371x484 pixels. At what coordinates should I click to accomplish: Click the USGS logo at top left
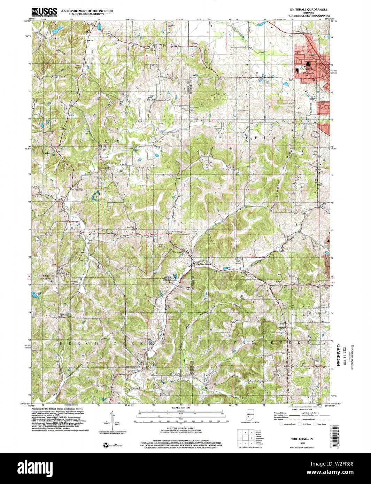(x=44, y=13)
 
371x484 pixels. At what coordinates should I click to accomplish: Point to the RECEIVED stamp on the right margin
(x=338, y=356)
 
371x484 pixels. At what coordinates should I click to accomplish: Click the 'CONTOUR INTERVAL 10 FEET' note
(x=180, y=428)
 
